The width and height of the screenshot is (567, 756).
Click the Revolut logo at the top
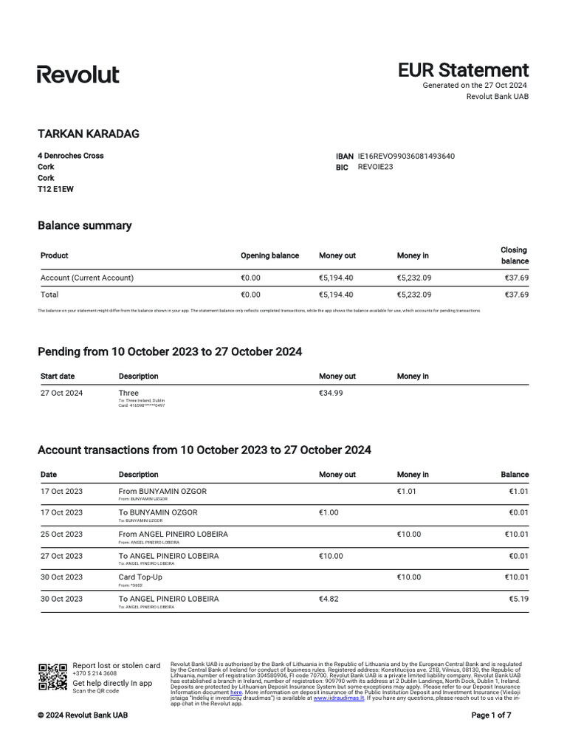point(78,74)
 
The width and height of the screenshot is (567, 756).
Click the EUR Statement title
point(463,70)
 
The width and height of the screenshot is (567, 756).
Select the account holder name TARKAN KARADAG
point(88,134)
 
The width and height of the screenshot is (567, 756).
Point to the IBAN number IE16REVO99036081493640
point(406,157)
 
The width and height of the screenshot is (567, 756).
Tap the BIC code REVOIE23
point(375,167)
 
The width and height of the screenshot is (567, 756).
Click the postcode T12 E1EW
point(55,189)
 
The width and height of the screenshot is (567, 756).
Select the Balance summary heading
point(84,226)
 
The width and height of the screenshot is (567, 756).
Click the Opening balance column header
point(269,255)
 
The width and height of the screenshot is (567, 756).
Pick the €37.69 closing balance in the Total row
point(516,295)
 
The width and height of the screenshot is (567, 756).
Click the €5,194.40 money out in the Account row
point(336,278)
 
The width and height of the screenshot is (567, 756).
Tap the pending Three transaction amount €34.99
point(330,393)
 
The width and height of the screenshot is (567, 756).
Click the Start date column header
point(58,377)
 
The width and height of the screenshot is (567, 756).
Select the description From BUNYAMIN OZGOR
point(162,491)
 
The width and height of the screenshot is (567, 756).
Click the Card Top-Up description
point(140,577)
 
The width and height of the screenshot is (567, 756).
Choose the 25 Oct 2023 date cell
point(61,534)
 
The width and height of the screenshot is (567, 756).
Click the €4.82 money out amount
point(329,599)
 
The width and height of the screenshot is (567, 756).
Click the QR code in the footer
point(52,676)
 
